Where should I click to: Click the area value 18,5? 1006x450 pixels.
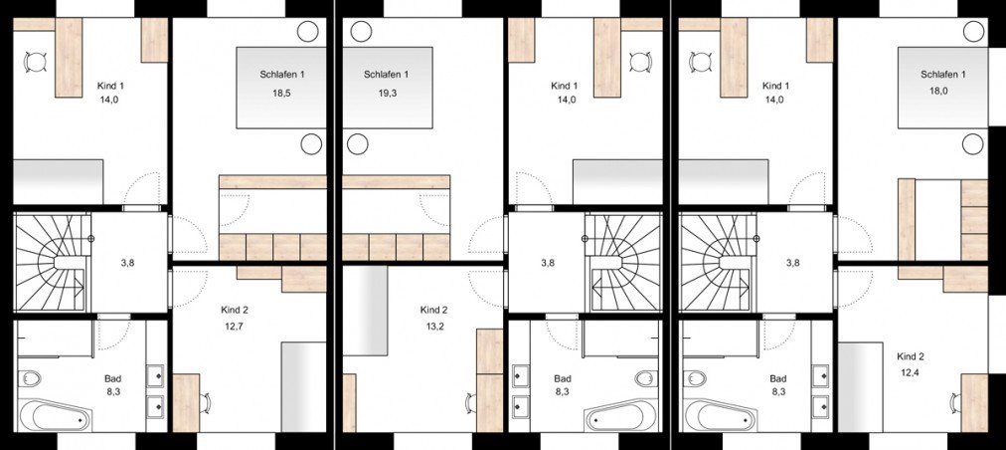click(x=282, y=94)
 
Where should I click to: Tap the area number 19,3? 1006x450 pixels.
click(x=387, y=94)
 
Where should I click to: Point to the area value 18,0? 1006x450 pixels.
click(x=943, y=94)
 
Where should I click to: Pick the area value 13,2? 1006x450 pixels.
click(x=433, y=326)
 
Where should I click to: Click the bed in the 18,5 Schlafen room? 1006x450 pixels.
click(x=281, y=88)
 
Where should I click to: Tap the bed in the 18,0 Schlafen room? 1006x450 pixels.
click(x=942, y=88)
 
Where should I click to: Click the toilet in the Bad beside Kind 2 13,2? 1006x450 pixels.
click(x=647, y=378)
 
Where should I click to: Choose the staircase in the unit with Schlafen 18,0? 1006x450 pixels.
click(x=718, y=263)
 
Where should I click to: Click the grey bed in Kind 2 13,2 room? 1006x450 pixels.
click(x=365, y=317)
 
